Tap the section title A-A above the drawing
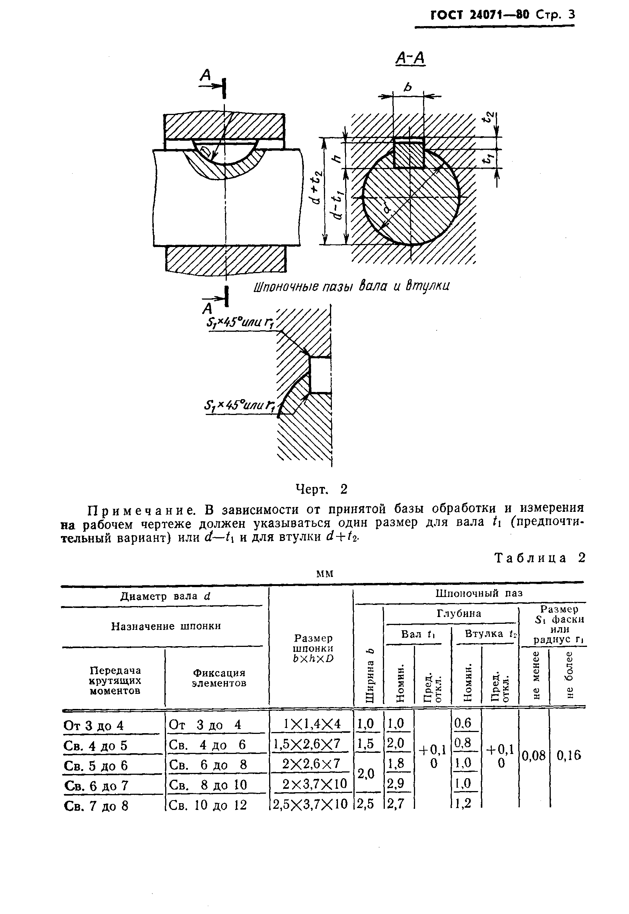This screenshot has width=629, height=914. point(410,58)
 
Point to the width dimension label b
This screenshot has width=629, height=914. point(408,86)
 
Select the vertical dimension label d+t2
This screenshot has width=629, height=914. point(316,188)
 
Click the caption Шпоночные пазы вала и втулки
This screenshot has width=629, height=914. point(351,286)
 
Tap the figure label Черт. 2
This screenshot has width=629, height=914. point(321,489)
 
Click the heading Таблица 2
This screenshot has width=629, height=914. point(539,558)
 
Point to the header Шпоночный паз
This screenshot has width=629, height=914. point(479,593)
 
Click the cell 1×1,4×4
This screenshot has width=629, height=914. point(312,723)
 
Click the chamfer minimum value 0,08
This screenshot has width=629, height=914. point(534,756)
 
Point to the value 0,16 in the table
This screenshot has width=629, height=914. point(569,755)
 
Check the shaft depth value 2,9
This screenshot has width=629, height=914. point(396,783)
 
